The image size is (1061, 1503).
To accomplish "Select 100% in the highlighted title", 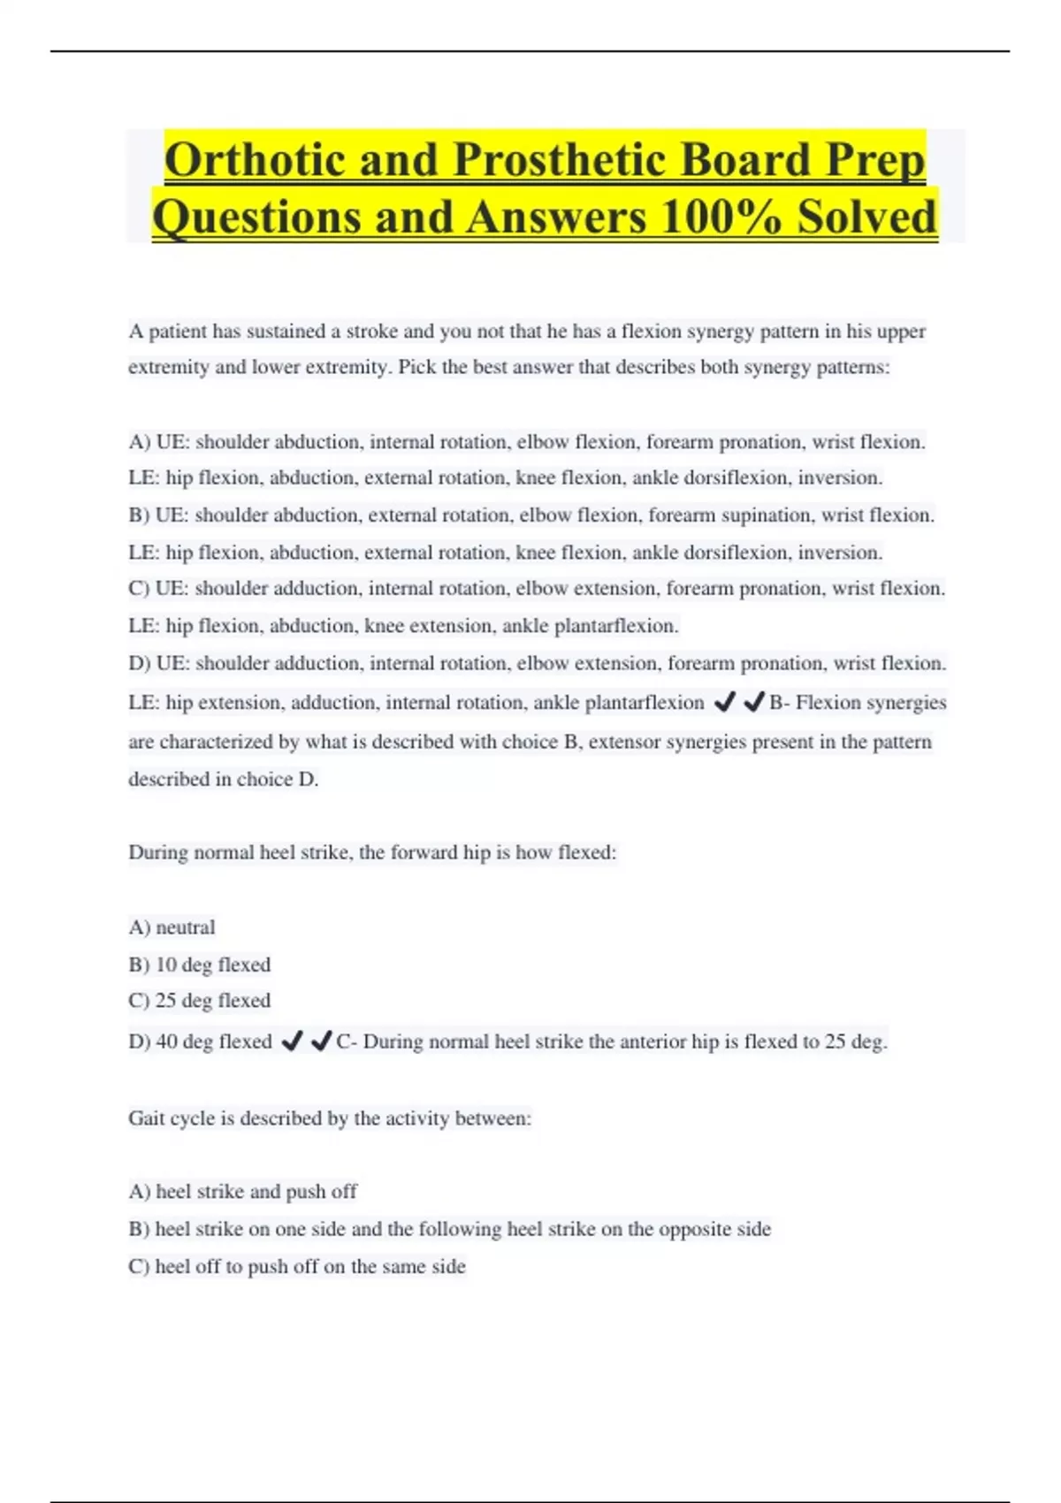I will [x=721, y=217].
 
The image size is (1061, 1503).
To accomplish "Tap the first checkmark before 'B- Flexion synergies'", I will [x=724, y=702].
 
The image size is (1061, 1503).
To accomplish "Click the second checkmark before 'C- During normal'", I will [x=322, y=1041].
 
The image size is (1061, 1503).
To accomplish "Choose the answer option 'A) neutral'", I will [x=172, y=927].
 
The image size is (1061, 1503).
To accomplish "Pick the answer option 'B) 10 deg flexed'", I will [x=200, y=965].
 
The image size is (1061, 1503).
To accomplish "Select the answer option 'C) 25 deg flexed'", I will [x=200, y=1001].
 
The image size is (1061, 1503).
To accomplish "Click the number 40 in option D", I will [x=167, y=1041].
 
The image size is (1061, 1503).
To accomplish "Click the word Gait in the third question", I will [x=147, y=1118].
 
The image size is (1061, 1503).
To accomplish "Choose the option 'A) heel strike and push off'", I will [x=243, y=1192].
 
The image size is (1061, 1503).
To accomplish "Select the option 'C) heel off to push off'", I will [x=297, y=1267].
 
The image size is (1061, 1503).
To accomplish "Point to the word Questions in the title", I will [x=256, y=217].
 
